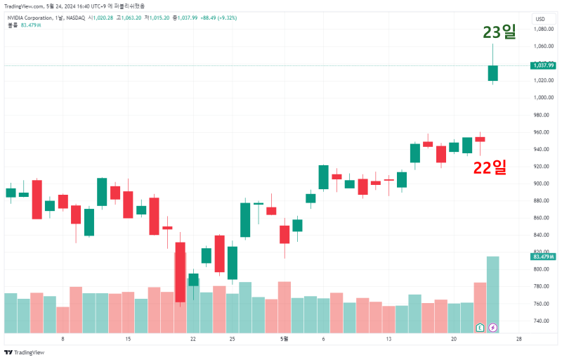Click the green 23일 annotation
tap(499, 32)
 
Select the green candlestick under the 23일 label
tap(493, 73)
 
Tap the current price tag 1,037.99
tap(544, 65)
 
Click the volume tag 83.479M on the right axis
tap(544, 257)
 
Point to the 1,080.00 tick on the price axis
tap(544, 30)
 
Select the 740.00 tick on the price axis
tap(542, 321)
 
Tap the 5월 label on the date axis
tap(284, 339)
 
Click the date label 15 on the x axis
tap(128, 339)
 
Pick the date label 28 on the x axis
tap(518, 339)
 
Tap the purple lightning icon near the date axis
tap(493, 327)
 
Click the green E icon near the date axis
tap(480, 327)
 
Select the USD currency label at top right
tap(540, 19)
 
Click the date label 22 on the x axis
tap(192, 339)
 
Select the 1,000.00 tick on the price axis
tap(544, 98)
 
